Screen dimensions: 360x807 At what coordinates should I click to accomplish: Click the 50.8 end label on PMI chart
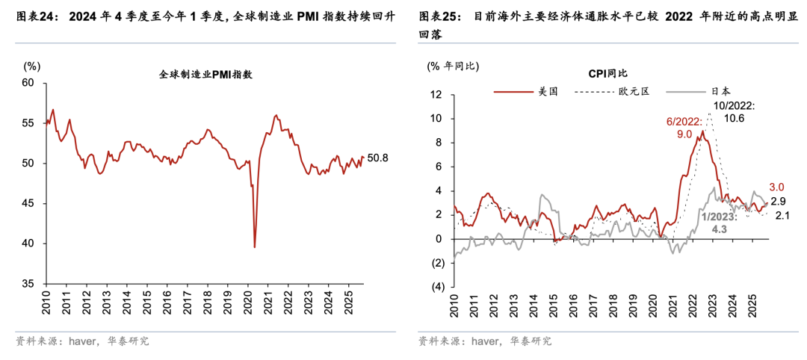pyautogui.click(x=378, y=158)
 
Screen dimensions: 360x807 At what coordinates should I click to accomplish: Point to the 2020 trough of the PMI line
pyautogui.click(x=255, y=247)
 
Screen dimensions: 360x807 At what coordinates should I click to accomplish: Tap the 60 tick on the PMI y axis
pyautogui.click(x=30, y=83)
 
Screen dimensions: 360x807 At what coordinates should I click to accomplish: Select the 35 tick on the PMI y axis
pyautogui.click(x=30, y=285)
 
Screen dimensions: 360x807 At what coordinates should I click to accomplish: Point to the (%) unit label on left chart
pyautogui.click(x=31, y=66)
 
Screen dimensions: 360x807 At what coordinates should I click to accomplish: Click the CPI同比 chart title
pyautogui.click(x=607, y=73)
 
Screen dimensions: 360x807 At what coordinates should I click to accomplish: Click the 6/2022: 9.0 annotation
pyautogui.click(x=684, y=126)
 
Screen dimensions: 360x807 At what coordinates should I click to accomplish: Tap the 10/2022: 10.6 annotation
pyautogui.click(x=734, y=112)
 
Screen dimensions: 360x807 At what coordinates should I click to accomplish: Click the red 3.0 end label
pyautogui.click(x=776, y=187)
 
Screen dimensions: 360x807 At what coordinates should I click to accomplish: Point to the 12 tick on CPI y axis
pyautogui.click(x=437, y=95)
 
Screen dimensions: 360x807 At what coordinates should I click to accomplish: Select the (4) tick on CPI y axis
pyautogui.click(x=436, y=287)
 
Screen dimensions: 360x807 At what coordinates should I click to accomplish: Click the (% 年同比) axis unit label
pyautogui.click(x=452, y=66)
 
